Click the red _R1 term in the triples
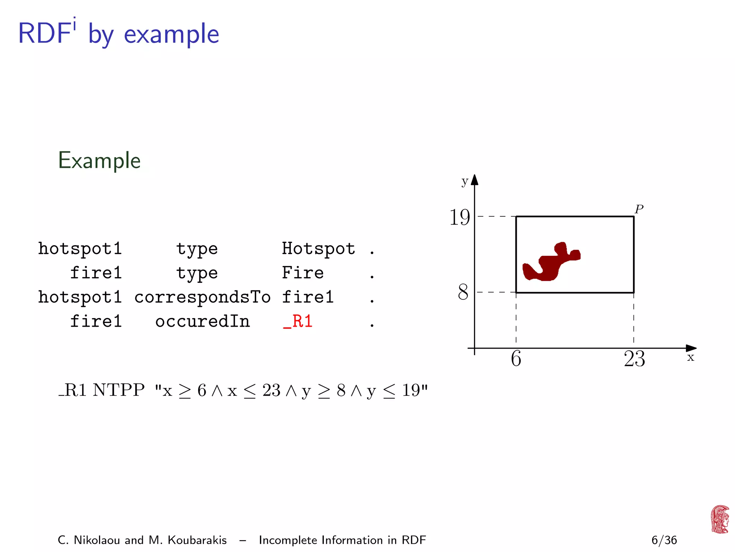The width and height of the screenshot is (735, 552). pos(298,321)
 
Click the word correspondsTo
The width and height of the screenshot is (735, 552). pos(202,297)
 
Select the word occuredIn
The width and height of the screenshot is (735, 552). pos(202,321)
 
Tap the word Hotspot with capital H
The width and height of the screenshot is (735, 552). pos(318,249)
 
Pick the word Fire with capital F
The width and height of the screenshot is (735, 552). pos(303,273)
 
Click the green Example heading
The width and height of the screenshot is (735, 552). pos(99,160)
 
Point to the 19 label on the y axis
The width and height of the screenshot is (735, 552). pos(459,218)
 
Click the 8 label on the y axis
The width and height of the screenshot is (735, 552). pos(463,292)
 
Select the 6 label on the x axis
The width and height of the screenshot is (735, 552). pos(516,359)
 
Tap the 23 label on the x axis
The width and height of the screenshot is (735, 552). pos(634,359)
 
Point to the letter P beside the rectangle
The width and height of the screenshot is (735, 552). pos(639,209)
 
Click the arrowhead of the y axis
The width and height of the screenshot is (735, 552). pos(474,180)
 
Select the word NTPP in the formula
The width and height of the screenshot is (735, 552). pos(119,390)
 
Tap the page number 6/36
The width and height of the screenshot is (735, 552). pos(664,540)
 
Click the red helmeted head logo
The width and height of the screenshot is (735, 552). pos(720,519)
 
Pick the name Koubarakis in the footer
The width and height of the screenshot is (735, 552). pos(197,540)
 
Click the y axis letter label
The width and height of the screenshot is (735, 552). pos(465,181)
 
